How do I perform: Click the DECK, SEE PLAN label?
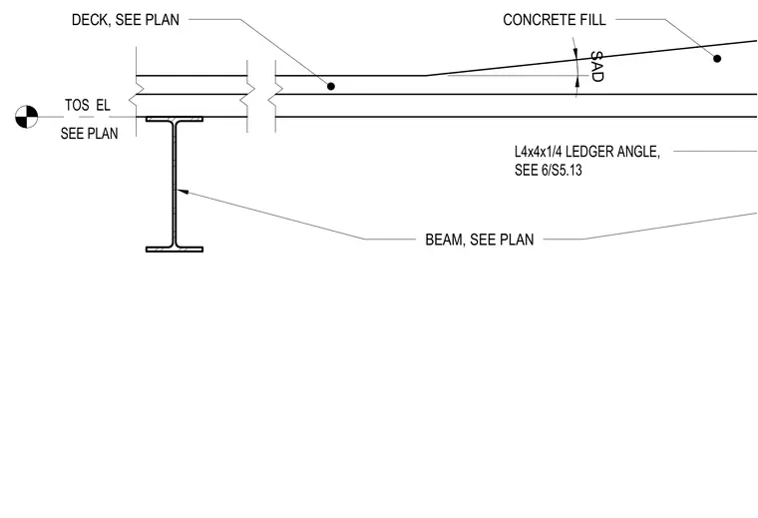(126, 20)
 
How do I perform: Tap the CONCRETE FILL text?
(555, 20)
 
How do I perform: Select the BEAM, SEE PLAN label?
(480, 240)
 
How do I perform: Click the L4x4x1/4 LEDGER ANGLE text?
(587, 152)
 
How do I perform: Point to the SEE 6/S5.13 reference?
(549, 171)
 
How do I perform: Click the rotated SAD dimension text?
(597, 66)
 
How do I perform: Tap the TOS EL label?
(88, 105)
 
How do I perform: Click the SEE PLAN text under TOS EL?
(90, 133)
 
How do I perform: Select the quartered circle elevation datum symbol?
(27, 117)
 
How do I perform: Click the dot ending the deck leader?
(331, 86)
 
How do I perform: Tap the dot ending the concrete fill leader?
(717, 59)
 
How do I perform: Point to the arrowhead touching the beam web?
(183, 192)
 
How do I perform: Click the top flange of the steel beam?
(175, 119)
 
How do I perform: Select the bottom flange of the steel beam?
(175, 250)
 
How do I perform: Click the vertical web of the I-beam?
(174, 184)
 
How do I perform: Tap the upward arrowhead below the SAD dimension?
(576, 82)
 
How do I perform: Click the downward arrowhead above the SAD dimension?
(575, 53)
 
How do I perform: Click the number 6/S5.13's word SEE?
(525, 171)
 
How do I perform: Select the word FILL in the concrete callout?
(593, 20)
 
